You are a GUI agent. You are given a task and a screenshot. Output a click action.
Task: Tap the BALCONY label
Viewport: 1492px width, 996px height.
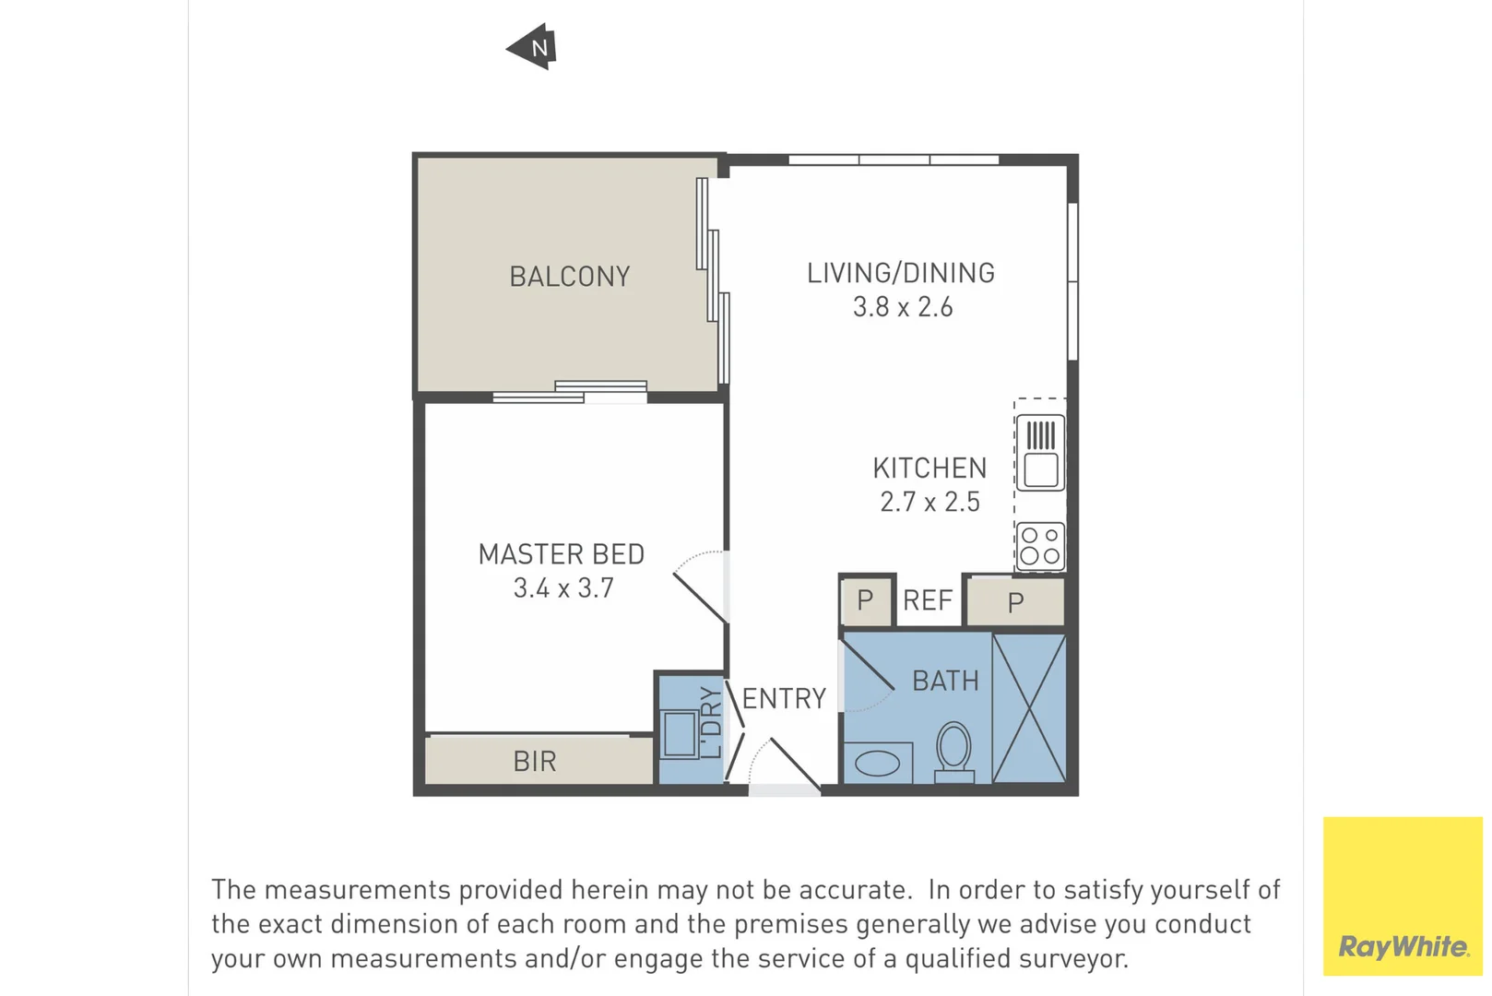click(x=569, y=277)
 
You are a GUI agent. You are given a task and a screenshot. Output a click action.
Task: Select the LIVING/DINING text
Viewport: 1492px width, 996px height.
click(x=901, y=273)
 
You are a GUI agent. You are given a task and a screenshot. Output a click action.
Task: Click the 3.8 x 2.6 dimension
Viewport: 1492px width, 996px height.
click(x=902, y=307)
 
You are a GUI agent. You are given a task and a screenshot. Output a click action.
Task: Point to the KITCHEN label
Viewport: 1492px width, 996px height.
click(x=930, y=468)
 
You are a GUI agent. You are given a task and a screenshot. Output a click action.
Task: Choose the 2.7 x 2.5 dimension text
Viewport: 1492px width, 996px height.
click(x=930, y=502)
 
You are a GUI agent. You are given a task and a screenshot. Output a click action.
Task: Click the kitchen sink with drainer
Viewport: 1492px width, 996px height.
click(x=1040, y=452)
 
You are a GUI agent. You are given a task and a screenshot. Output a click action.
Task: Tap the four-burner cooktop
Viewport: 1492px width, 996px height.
click(x=1040, y=546)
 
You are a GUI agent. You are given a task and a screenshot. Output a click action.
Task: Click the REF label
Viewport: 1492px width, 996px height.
click(x=927, y=600)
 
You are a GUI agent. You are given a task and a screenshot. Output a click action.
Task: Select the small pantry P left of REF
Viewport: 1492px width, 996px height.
click(x=865, y=600)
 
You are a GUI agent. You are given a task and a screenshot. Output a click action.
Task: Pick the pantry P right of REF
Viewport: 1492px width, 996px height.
click(x=1015, y=603)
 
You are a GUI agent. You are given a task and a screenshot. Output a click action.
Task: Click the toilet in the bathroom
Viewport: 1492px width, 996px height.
click(x=953, y=750)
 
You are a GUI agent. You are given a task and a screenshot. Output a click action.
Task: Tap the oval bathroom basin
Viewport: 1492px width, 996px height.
click(x=878, y=763)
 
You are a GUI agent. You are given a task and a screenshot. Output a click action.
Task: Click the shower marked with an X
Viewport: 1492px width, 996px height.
click(x=1029, y=708)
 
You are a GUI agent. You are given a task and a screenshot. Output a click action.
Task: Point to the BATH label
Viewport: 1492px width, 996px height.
click(x=945, y=681)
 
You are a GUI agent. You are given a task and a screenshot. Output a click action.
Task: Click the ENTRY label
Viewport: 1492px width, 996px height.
click(x=784, y=698)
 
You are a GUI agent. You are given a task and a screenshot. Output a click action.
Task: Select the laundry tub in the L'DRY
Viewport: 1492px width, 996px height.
click(x=680, y=734)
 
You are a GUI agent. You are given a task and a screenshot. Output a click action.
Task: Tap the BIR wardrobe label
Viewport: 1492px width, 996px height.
click(x=535, y=762)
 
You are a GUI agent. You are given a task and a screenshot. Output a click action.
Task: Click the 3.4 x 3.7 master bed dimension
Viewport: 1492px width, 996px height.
click(x=562, y=587)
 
